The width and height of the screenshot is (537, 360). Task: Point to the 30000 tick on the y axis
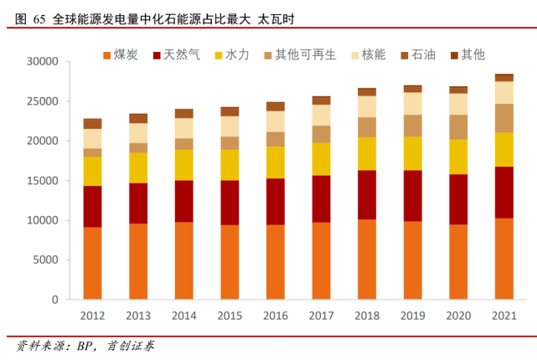click(x=41, y=62)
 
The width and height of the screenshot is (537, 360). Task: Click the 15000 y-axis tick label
click(x=41, y=181)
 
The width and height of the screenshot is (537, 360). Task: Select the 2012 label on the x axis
click(x=93, y=316)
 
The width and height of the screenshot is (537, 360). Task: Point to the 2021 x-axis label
click(x=504, y=316)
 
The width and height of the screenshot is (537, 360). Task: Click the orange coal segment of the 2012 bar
click(x=93, y=263)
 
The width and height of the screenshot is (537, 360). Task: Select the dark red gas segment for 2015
click(x=230, y=203)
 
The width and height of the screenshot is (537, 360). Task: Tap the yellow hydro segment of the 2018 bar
click(x=367, y=153)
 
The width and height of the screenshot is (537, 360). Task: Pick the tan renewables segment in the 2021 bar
click(x=504, y=118)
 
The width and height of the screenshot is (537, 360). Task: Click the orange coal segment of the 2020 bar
click(x=458, y=261)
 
